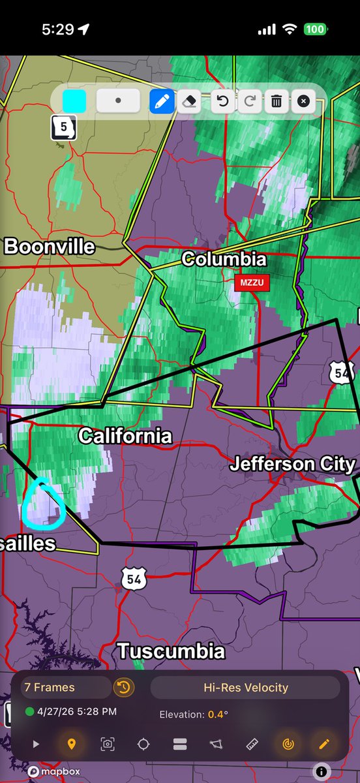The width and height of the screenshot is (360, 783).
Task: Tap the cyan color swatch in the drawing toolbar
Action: coord(74,102)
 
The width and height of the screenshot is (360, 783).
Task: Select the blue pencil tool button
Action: coord(162,102)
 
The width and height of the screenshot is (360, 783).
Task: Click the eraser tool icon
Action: coord(188,102)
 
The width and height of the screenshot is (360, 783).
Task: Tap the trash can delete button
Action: coord(277,102)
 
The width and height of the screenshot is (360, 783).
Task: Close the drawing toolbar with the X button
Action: coord(303,102)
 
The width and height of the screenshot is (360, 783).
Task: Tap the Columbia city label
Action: coord(224,259)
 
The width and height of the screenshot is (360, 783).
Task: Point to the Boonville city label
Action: coord(50,247)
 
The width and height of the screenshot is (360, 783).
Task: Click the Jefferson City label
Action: coord(292,465)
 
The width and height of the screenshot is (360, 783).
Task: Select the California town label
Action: coord(125,436)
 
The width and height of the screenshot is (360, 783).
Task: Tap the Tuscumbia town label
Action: coord(171,651)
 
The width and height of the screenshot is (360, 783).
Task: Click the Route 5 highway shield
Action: coord(63,127)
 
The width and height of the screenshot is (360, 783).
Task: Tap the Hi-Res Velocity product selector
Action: coord(245,687)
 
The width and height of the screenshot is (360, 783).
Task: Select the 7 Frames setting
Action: coord(50,687)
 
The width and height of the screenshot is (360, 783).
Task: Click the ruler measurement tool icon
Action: coord(252,744)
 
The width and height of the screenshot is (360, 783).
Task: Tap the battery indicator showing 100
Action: coord(316,30)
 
